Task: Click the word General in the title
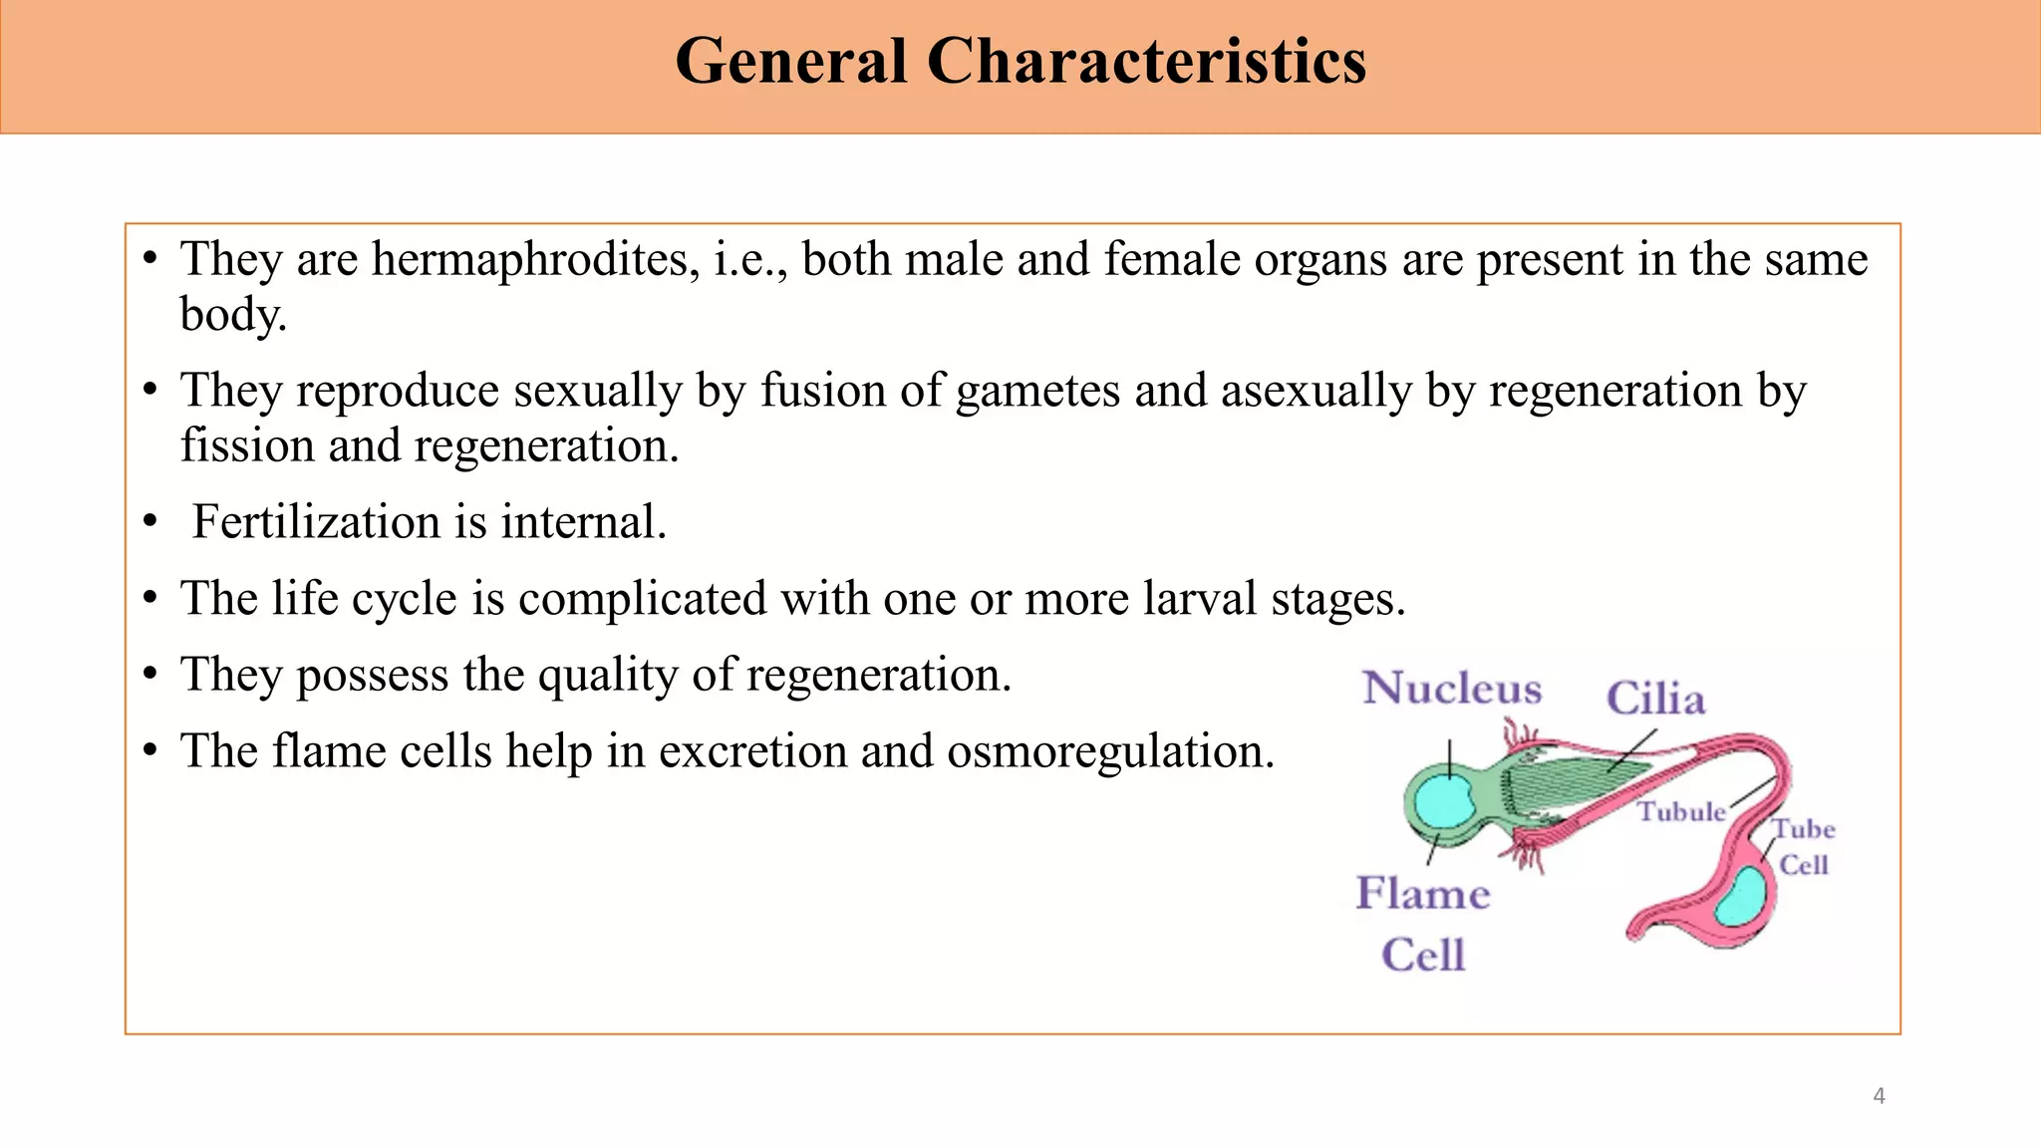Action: click(790, 62)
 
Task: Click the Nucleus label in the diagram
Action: click(1452, 689)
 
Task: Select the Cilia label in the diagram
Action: click(1655, 699)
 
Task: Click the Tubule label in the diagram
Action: click(1681, 812)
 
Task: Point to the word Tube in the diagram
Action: click(1803, 829)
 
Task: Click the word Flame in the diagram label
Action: click(1423, 893)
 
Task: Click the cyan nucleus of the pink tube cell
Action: click(1740, 896)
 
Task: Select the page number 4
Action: click(1879, 1096)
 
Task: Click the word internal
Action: click(583, 522)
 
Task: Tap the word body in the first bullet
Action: click(232, 315)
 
